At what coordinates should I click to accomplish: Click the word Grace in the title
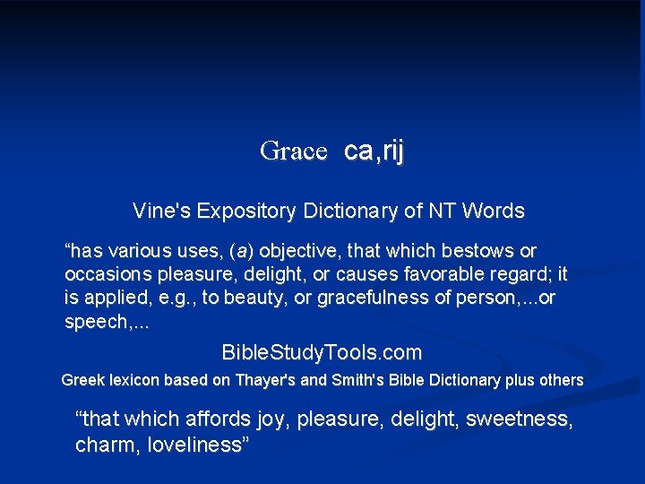click(x=293, y=151)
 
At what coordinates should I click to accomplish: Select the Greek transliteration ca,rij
click(x=374, y=151)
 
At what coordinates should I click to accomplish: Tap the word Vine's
click(x=162, y=212)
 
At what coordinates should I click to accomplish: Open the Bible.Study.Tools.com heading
click(x=322, y=352)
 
